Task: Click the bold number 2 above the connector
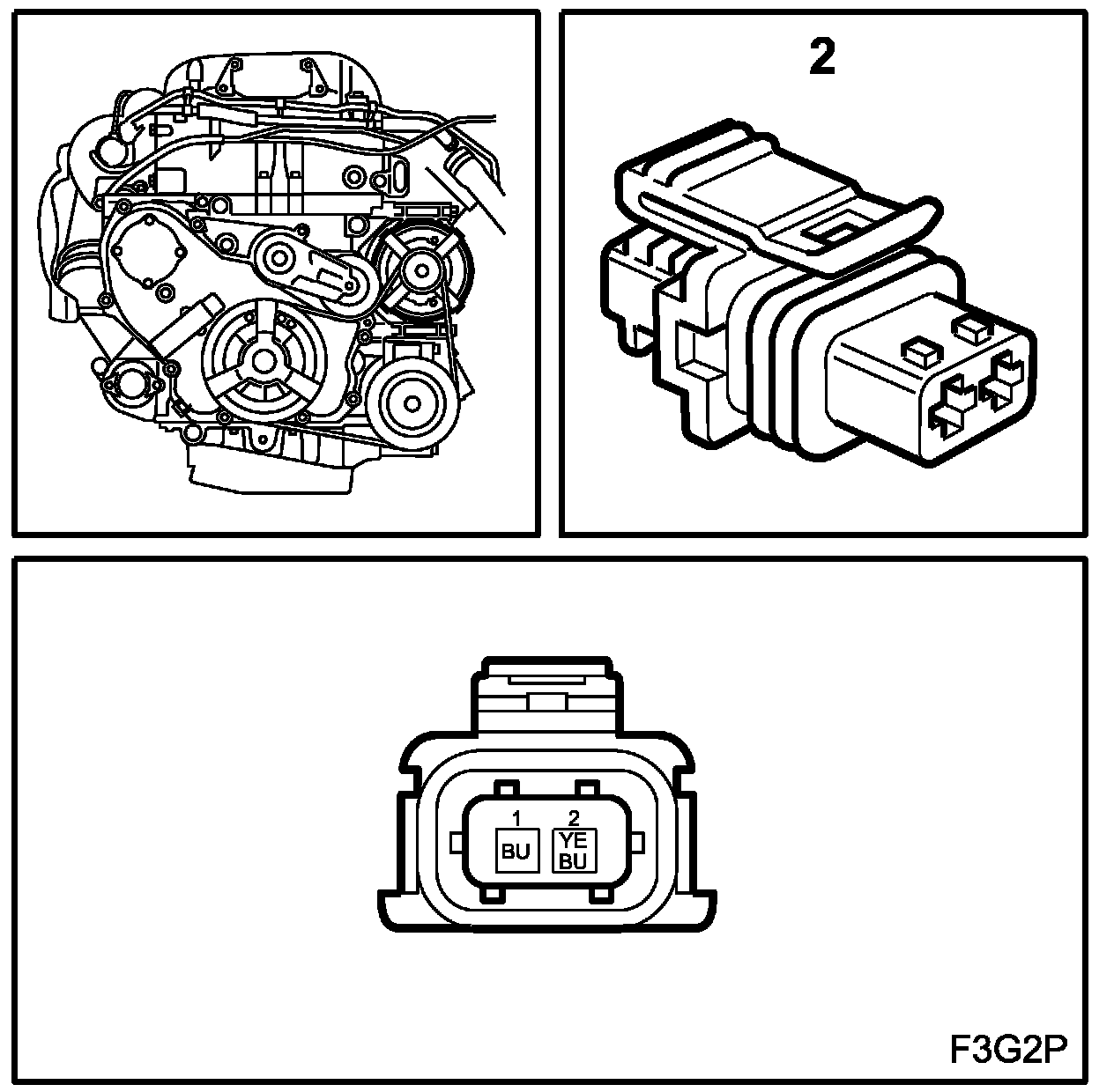pyautogui.click(x=821, y=59)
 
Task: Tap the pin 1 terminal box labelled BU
pyautogui.click(x=516, y=849)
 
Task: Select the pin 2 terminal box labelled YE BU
pyautogui.click(x=573, y=850)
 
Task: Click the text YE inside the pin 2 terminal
pyautogui.click(x=573, y=840)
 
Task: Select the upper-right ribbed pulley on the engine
pyautogui.click(x=420, y=268)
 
